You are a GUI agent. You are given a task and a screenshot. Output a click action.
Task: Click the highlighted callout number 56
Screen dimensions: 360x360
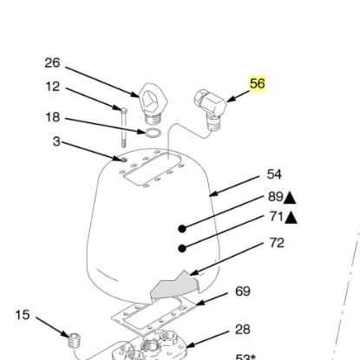point(257,84)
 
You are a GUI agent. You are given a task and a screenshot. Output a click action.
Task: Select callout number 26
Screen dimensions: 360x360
point(53,62)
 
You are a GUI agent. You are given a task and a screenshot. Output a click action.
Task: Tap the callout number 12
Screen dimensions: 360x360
point(53,87)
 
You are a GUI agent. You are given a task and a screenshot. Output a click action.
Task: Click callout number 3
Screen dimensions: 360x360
point(56,141)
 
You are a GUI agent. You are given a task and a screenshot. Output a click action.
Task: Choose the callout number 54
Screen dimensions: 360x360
point(275,174)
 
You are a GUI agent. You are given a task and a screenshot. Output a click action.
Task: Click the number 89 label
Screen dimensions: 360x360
point(275,197)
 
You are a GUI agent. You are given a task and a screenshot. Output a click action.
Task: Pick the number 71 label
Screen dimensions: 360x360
point(275,217)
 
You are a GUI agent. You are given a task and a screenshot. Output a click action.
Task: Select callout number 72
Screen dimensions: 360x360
point(276,244)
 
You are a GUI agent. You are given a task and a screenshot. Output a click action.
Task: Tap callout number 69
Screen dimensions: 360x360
point(242,291)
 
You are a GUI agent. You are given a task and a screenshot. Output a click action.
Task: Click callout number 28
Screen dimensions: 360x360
point(243,330)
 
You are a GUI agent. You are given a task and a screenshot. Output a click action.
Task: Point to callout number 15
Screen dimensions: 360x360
point(23,313)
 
